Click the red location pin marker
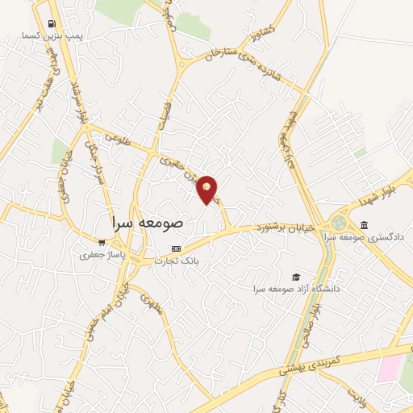pyautogui.click(x=208, y=189)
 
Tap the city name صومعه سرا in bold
pyautogui.click(x=146, y=220)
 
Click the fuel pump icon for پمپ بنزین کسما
pyautogui.click(x=52, y=24)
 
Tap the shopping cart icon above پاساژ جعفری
pyautogui.click(x=101, y=242)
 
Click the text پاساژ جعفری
pyautogui.click(x=98, y=255)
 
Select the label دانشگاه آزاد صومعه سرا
pyautogui.click(x=295, y=289)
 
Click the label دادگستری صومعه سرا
pyautogui.click(x=367, y=238)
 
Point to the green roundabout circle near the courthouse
pyautogui.click(x=337, y=223)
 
